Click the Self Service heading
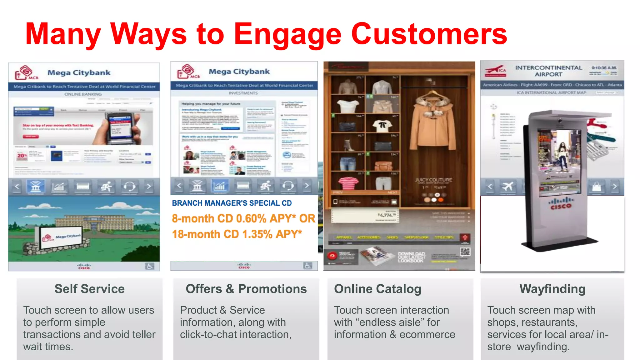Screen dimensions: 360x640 coord(89,289)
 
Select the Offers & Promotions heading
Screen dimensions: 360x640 coord(246,289)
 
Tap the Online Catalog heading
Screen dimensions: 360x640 coord(377,289)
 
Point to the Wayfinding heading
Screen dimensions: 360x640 coord(552,289)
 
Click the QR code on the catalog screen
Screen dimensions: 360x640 coord(465,252)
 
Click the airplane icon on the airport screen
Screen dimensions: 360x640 coord(507,187)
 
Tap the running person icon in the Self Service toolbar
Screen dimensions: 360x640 coord(106,187)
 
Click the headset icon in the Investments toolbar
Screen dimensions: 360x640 coord(288,186)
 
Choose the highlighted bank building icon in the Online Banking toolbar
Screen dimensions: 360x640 coord(35,187)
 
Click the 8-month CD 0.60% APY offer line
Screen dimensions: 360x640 coord(243,218)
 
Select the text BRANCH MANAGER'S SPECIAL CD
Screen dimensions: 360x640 coord(232,203)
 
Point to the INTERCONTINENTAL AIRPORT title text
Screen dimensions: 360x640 coord(548,71)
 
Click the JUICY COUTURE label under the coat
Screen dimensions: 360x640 coord(433,180)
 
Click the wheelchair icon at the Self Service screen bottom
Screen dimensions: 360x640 coord(149,266)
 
